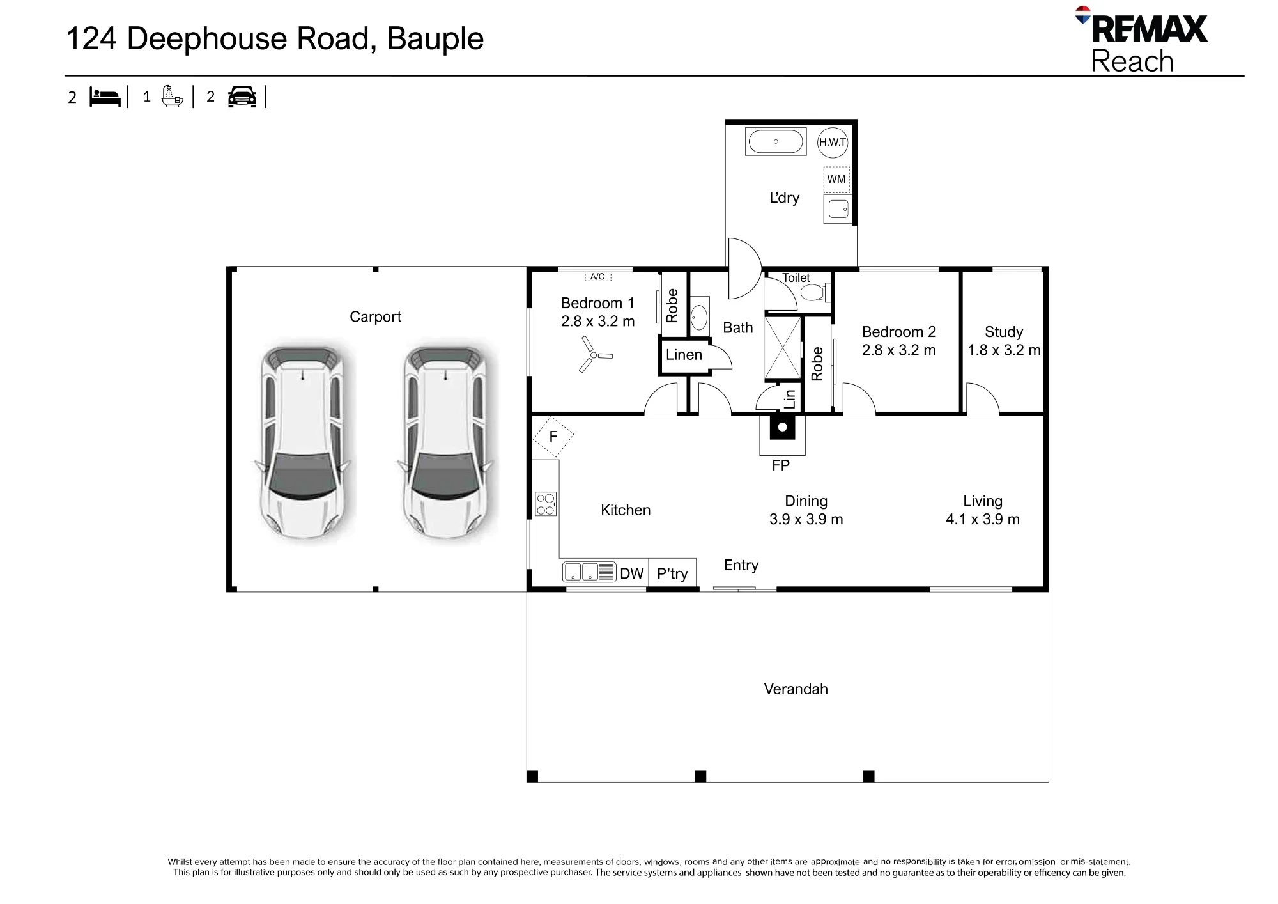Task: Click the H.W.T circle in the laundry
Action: [x=833, y=142]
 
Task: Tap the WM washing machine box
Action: [x=836, y=179]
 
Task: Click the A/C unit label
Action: [x=598, y=277]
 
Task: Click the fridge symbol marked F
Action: [x=553, y=436]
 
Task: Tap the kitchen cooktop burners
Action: [x=546, y=504]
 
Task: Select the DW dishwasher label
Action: [x=632, y=573]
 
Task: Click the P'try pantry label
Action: [x=672, y=573]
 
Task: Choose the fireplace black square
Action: [x=782, y=427]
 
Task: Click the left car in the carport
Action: [x=302, y=442]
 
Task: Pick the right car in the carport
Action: [x=445, y=442]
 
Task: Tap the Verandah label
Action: [x=796, y=689]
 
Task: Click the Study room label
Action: [x=1004, y=332]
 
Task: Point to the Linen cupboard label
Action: [x=684, y=355]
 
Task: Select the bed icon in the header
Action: [x=105, y=97]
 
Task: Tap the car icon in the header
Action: [x=242, y=97]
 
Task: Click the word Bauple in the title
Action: [x=435, y=39]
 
